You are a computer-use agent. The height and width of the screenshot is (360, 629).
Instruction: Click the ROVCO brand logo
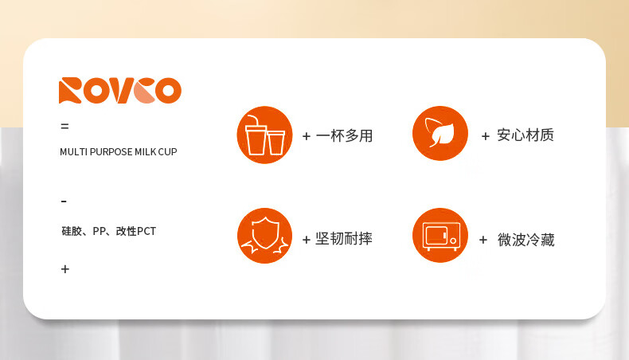tap(120, 90)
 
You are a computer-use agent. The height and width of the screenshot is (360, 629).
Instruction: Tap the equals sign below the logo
tap(64, 127)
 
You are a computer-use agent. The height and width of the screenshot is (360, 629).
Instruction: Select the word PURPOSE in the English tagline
tap(111, 151)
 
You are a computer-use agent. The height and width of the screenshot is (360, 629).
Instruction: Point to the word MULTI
tap(74, 151)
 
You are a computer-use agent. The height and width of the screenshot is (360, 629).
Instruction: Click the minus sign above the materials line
tap(64, 201)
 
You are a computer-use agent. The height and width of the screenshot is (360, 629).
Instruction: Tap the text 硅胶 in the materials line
tap(72, 231)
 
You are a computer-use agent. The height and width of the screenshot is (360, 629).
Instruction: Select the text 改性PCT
tap(135, 231)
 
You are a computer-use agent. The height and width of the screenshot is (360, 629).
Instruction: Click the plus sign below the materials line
tap(65, 269)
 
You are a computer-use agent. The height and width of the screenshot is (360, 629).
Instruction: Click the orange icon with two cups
tap(265, 135)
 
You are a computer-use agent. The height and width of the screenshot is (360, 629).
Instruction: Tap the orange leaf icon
tap(440, 133)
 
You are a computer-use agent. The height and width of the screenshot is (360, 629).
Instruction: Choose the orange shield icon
tap(265, 236)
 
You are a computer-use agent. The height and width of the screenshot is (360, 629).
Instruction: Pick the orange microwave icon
tap(440, 235)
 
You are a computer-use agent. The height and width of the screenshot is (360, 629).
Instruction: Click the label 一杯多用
tap(344, 135)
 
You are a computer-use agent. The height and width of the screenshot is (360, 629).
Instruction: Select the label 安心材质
tap(525, 135)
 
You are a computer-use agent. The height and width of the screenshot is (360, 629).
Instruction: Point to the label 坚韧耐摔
tap(344, 239)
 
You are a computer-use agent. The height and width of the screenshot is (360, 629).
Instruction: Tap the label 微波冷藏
tap(526, 240)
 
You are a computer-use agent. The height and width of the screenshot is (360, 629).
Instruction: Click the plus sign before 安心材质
tap(486, 136)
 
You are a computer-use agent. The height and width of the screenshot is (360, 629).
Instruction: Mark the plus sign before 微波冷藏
tap(483, 240)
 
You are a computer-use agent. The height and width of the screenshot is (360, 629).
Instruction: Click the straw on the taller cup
tap(252, 119)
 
